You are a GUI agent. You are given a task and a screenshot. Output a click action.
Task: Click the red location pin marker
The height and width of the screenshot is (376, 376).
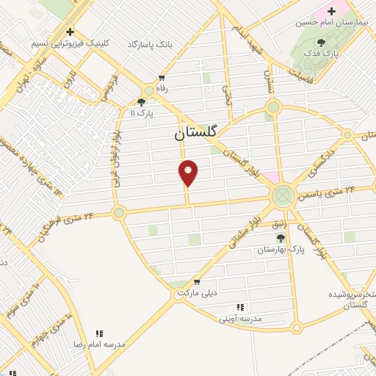189,173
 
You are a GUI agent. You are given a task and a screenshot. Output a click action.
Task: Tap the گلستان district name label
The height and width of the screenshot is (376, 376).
195,134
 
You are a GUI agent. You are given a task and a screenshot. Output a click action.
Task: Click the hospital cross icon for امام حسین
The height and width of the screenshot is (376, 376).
331,11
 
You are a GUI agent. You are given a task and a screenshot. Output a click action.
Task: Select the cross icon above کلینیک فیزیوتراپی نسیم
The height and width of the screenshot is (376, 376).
70,32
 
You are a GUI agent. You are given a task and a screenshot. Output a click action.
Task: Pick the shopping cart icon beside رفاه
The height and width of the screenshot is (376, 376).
162,77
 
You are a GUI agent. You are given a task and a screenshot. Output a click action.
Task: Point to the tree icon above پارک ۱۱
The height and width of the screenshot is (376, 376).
142,103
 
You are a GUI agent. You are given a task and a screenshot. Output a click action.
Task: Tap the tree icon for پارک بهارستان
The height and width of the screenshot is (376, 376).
279,238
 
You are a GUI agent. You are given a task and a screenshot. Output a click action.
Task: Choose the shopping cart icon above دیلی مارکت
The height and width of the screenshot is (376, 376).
196,281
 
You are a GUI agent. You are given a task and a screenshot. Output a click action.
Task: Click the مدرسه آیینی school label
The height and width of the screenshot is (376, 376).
241,319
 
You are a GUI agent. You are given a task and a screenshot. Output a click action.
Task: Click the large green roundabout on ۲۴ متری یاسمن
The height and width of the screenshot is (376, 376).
283,196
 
